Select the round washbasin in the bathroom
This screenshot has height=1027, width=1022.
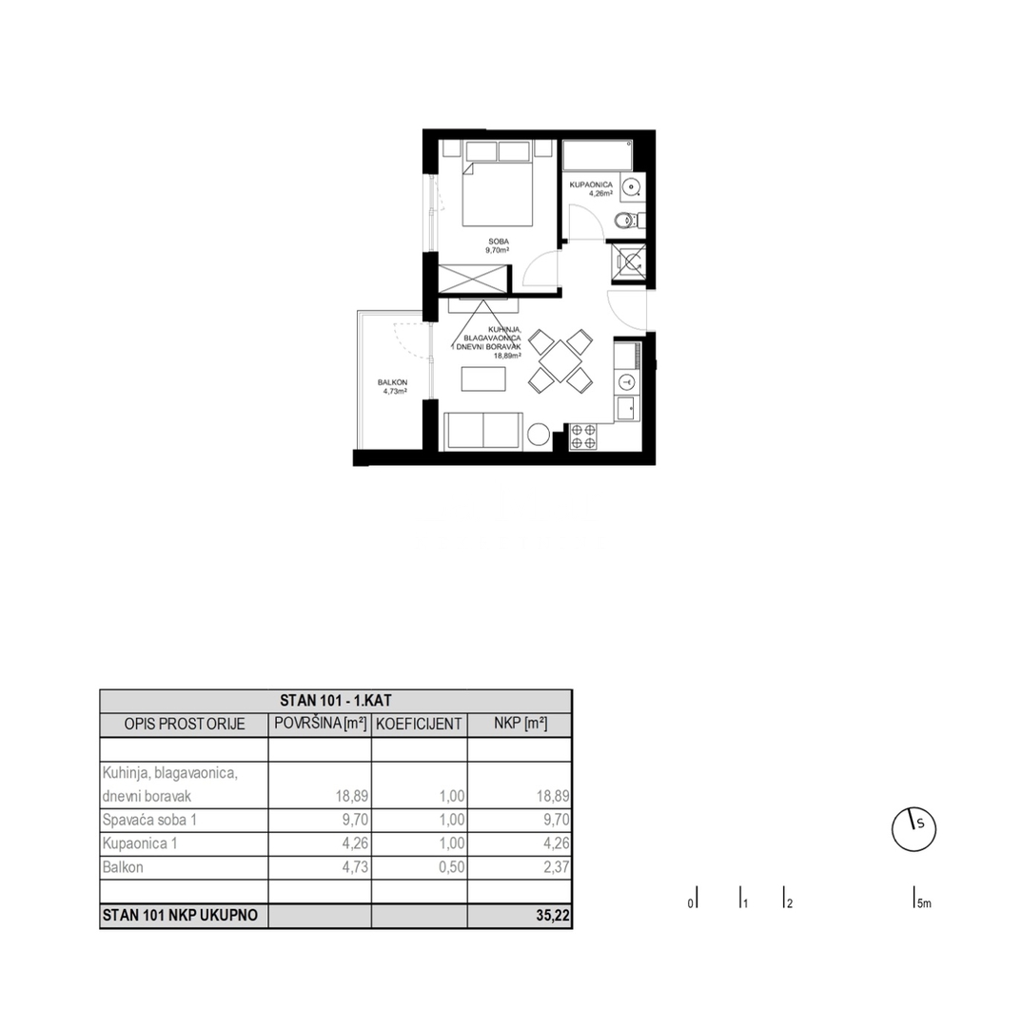tap(630, 187)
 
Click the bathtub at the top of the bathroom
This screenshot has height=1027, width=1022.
tap(597, 154)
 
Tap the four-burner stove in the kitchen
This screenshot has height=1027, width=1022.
tap(582, 436)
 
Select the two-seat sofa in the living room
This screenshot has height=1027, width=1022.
tap(483, 431)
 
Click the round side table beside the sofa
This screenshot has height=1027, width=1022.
tap(539, 434)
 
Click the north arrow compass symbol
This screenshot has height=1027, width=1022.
tap(914, 826)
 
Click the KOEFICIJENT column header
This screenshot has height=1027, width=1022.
tap(419, 724)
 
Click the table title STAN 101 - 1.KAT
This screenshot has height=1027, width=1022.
tap(336, 701)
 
